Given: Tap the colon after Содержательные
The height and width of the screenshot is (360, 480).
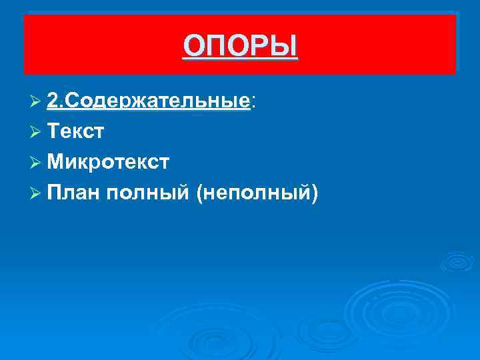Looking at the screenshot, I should pos(253,102).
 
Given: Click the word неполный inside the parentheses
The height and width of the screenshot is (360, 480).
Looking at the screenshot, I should pos(258,193).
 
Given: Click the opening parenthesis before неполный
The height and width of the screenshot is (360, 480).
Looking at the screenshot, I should pos(201,193).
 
